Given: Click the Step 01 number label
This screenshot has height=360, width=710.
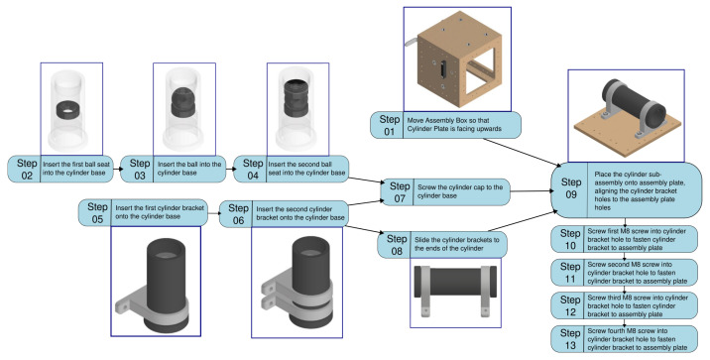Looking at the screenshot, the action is pyautogui.click(x=389, y=125).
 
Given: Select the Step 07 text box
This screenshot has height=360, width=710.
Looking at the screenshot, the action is pyautogui.click(x=445, y=192).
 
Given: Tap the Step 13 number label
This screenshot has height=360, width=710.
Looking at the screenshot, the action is pyautogui.click(x=570, y=339).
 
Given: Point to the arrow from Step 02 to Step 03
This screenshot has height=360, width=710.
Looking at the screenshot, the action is pyautogui.click(x=117, y=169).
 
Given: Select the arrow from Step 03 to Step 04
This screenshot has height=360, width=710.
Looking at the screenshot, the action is pyautogui.click(x=229, y=169).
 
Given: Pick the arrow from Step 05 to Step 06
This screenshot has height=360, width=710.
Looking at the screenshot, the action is pyautogui.click(x=213, y=213).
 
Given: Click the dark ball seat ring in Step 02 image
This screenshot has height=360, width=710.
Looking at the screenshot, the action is pyautogui.click(x=68, y=109).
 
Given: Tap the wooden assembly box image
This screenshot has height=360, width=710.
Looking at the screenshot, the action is pyautogui.click(x=457, y=59).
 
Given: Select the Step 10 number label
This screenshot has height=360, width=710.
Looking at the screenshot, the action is pyautogui.click(x=570, y=239).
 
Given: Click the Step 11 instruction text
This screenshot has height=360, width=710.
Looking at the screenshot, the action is pyautogui.click(x=637, y=273).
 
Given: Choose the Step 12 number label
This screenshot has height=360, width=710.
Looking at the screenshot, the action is pyautogui.click(x=570, y=305).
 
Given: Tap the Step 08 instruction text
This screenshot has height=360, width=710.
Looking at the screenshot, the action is pyautogui.click(x=456, y=244).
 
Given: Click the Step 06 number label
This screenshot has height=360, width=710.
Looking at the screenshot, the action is pyautogui.click(x=238, y=214).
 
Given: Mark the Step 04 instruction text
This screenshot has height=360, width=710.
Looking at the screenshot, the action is pyautogui.click(x=306, y=169).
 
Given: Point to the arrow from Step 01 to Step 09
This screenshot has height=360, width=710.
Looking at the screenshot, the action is pyautogui.click(x=521, y=153).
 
